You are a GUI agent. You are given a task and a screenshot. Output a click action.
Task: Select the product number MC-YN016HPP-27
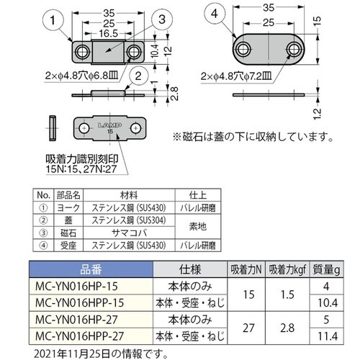click(x=76, y=335)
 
